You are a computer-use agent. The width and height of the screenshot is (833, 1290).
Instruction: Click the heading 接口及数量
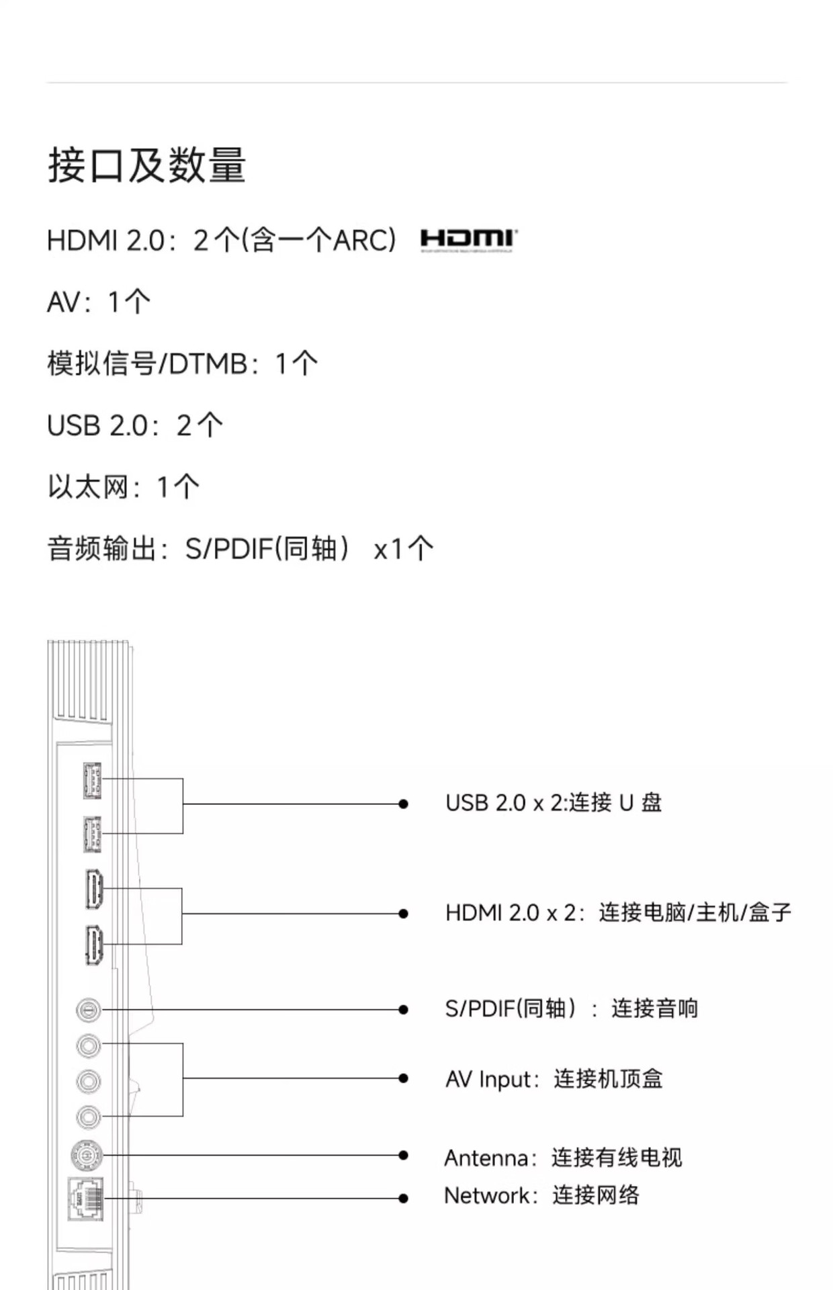146,165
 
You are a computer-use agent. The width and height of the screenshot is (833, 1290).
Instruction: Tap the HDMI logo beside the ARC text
468,240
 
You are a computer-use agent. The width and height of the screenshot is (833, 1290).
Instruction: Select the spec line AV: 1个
99,302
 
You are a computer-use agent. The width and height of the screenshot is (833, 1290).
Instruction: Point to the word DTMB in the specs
208,363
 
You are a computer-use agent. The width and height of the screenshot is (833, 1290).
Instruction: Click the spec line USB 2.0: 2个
134,425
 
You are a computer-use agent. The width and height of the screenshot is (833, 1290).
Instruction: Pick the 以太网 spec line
123,487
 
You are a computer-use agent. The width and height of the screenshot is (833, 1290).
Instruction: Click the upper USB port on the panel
92,781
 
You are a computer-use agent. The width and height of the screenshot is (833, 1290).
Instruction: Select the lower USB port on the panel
92,834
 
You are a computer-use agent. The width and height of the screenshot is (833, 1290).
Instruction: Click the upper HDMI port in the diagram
93,889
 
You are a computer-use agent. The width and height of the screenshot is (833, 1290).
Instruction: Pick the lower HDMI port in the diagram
93,945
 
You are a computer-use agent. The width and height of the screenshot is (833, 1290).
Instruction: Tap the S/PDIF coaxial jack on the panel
88,1010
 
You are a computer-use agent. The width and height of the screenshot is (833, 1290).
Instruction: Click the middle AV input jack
88,1082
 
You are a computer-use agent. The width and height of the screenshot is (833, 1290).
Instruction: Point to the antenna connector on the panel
87,1156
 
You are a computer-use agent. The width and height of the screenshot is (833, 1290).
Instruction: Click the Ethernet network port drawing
86,1199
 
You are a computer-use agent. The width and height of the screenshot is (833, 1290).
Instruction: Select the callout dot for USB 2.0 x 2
403,804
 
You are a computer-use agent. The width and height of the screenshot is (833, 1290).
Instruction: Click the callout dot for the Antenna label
403,1156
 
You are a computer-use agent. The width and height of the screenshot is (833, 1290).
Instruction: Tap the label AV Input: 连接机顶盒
554,1079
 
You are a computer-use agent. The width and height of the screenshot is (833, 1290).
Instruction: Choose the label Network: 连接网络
541,1196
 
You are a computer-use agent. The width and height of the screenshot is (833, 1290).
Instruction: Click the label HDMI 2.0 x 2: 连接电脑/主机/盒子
618,913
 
